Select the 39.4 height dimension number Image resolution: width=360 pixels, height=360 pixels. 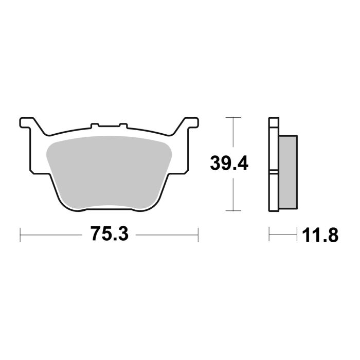tap(229, 164)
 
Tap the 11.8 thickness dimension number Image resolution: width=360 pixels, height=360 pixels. tap(320, 236)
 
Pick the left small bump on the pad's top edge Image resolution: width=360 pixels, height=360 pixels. tap(94, 125)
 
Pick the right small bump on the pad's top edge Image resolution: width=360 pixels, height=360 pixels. tap(122, 125)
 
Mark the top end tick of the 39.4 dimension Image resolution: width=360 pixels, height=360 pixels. tap(234, 118)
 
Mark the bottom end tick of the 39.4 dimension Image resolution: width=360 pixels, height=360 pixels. tap(234, 210)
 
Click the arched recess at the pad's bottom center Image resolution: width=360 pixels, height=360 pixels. tap(109, 207)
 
